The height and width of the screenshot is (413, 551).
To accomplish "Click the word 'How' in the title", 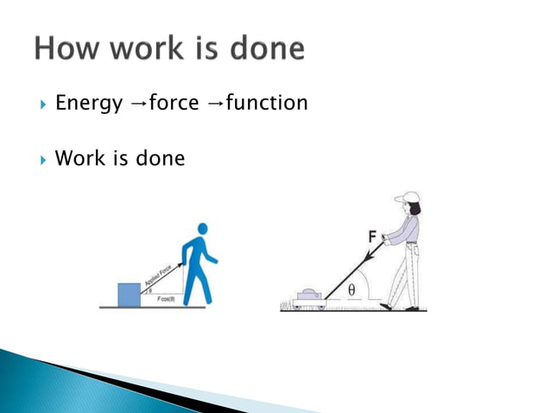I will pos(68,48).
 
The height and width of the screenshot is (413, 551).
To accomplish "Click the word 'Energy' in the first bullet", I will pos(88,105).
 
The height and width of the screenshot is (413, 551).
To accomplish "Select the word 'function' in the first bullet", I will pos(266,104).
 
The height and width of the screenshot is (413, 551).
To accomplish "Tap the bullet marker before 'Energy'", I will pos(41,105).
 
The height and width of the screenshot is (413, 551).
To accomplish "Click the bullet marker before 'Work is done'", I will pos(41,159).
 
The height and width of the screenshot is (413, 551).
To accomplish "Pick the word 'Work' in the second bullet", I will pos(77,159).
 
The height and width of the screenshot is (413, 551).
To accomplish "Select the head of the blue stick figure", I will pos(202,229).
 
